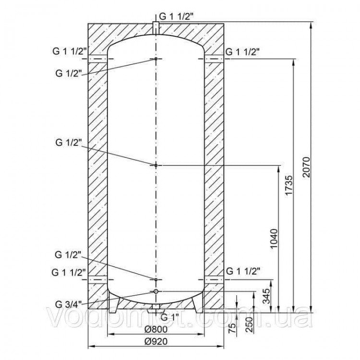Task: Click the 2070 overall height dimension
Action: tap(306, 167)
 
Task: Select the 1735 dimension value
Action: tap(289, 185)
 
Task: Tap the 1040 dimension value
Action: tap(274, 239)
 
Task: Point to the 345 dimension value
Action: tap(266, 296)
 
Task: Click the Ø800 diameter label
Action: tap(156, 329)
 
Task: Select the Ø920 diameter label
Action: tap(156, 341)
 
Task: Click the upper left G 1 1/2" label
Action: tap(69, 51)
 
